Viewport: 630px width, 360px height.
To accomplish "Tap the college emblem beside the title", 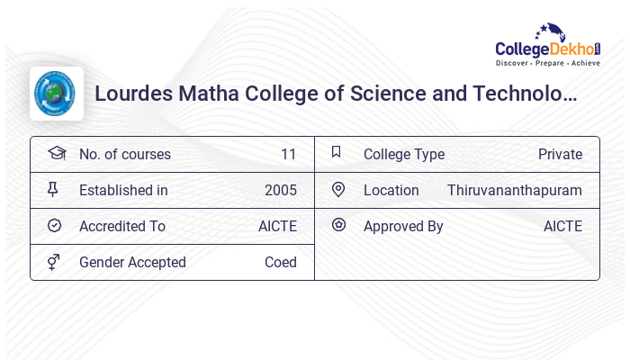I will point(57,94).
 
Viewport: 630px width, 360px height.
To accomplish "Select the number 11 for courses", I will point(288,154).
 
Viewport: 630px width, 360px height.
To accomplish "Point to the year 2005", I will point(281,190).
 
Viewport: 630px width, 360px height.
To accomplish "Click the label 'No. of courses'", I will point(124,154).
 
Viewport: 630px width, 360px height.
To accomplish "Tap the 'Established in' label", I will point(123,190).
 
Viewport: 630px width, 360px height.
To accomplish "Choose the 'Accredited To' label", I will point(122,226).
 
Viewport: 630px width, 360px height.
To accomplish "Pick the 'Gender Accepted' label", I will point(132,262).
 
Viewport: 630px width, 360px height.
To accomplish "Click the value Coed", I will point(281,262).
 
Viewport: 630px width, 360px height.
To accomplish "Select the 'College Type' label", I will point(404,154).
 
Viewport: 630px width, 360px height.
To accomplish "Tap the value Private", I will point(560,154).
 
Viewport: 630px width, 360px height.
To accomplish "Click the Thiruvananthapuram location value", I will point(515,190).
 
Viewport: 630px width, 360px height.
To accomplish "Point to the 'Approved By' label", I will point(403,226).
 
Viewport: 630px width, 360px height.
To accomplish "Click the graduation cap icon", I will point(56,153).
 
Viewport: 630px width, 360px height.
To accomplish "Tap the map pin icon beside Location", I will point(338,189).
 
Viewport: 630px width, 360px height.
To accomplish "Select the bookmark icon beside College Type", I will point(337,152).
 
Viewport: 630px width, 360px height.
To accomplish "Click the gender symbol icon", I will point(54,262).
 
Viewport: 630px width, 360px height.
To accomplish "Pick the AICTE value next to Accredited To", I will point(277,226).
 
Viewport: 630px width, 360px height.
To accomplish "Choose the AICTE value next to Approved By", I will point(562,226).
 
